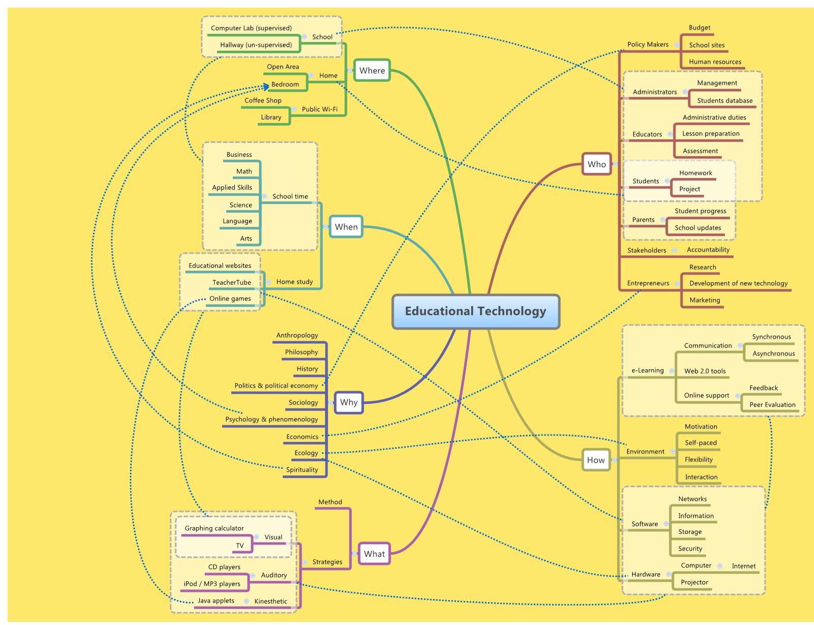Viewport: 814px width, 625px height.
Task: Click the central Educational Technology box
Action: [x=475, y=311]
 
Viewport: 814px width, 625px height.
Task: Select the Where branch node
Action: [x=372, y=70]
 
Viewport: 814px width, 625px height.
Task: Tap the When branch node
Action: [x=346, y=227]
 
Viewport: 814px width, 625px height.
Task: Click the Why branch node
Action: [x=349, y=402]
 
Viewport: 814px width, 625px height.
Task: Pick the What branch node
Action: [x=374, y=554]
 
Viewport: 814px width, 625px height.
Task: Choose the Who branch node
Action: [x=596, y=164]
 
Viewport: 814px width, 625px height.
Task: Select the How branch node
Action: [x=595, y=460]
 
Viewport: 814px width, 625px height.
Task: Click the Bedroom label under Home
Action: [x=285, y=85]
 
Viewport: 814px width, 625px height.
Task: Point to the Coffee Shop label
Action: [x=263, y=100]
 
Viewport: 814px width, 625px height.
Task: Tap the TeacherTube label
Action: [x=232, y=282]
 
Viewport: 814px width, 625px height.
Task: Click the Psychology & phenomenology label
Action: [x=272, y=419]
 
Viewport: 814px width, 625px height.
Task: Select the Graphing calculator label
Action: [x=214, y=528]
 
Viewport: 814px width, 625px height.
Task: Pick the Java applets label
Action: [x=216, y=601]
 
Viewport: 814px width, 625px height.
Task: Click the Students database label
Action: [x=724, y=100]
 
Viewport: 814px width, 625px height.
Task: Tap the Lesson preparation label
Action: [x=711, y=133]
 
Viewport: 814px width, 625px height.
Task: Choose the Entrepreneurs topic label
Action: [x=648, y=283]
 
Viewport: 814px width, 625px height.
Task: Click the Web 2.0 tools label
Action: [x=704, y=371]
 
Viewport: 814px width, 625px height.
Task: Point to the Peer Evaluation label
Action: [x=772, y=404]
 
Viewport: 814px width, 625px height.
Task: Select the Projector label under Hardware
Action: [x=694, y=582]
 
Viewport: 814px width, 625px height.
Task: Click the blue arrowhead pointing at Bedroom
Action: [x=266, y=87]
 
